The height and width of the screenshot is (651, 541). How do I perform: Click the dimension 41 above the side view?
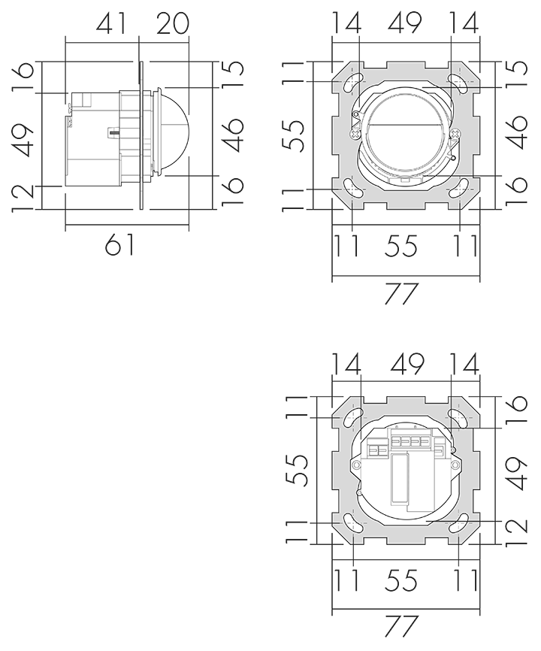point(110,23)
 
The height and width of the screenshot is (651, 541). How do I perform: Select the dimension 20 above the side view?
point(172,23)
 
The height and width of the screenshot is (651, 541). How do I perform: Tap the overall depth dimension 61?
point(119,244)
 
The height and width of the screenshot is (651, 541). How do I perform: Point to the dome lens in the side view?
point(174,131)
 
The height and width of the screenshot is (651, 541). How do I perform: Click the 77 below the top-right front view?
point(400,294)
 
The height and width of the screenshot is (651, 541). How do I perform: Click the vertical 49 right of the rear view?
point(517,474)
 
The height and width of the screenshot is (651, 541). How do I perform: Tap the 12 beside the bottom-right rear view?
point(517,532)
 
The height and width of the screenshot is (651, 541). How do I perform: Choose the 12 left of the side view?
point(22,198)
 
